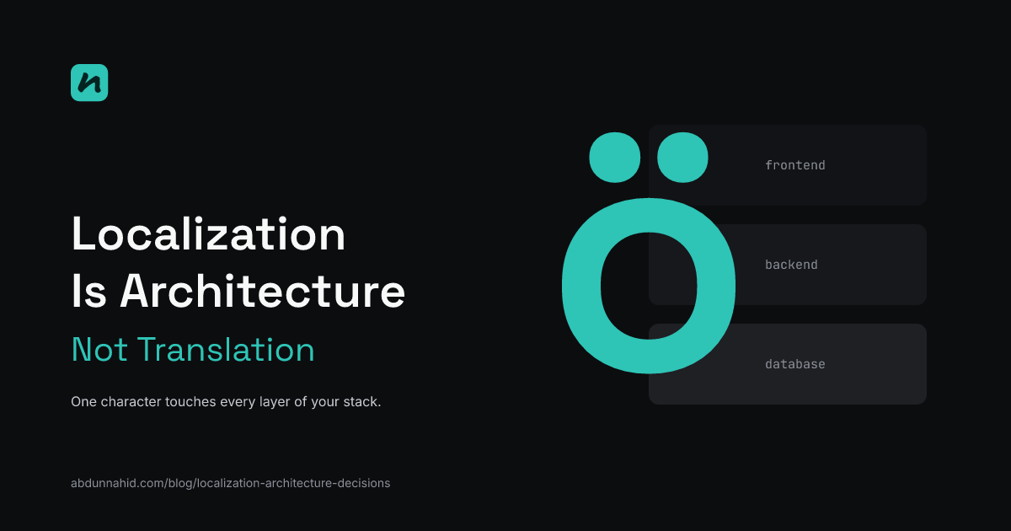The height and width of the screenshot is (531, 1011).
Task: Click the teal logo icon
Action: pyautogui.click(x=89, y=83)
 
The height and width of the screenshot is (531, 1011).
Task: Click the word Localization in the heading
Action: pyautogui.click(x=209, y=234)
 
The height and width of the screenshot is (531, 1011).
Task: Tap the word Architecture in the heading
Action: pyautogui.click(x=262, y=291)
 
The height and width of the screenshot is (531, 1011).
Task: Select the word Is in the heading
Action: pyautogui.click(x=89, y=292)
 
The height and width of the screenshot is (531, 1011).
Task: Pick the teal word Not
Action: pyautogui.click(x=99, y=350)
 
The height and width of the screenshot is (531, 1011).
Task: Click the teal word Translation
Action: pyautogui.click(x=226, y=350)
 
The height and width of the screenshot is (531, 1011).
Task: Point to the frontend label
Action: pyautogui.click(x=794, y=165)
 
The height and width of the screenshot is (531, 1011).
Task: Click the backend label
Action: pyautogui.click(x=791, y=265)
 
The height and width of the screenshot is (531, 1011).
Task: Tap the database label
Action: pyautogui.click(x=794, y=364)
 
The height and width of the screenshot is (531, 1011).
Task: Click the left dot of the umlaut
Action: pyautogui.click(x=615, y=158)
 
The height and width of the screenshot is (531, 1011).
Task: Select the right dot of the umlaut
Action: pyautogui.click(x=682, y=158)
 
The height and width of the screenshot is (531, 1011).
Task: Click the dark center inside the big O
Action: pyautogui.click(x=649, y=286)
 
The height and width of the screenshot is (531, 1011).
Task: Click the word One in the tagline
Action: pyautogui.click(x=83, y=401)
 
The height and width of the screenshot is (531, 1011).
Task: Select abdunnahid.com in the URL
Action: pyautogui.click(x=118, y=483)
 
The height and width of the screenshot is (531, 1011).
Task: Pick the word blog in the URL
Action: pyautogui.click(x=181, y=484)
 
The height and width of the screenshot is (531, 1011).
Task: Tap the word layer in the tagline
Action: pyautogui.click(x=275, y=402)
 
